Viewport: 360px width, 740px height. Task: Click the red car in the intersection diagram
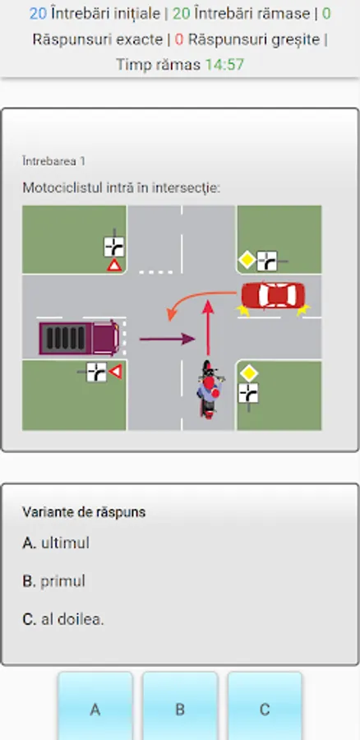pyautogui.click(x=273, y=295)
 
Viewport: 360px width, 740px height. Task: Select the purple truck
pyautogui.click(x=79, y=337)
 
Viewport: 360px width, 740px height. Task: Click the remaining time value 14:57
pyautogui.click(x=224, y=64)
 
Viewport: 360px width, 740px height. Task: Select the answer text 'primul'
pyautogui.click(x=62, y=581)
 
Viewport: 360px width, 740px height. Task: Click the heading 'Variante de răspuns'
pyautogui.click(x=84, y=512)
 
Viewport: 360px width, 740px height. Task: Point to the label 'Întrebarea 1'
pyautogui.click(x=53, y=161)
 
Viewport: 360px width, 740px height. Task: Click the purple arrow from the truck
pyautogui.click(x=167, y=339)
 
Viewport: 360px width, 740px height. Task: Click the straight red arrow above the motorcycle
pyautogui.click(x=208, y=327)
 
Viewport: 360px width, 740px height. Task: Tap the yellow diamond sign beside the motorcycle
pyautogui.click(x=248, y=374)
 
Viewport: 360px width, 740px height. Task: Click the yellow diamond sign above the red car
pyautogui.click(x=247, y=260)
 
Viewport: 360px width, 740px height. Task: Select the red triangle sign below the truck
pyautogui.click(x=116, y=372)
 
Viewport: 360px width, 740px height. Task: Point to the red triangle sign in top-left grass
pyautogui.click(x=114, y=266)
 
